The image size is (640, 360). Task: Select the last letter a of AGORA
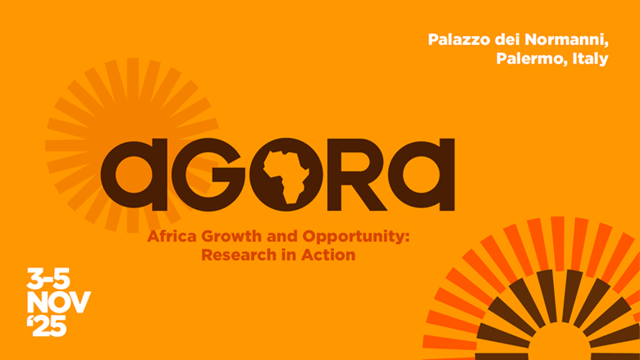(x=423, y=173)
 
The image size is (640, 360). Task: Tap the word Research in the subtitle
(x=232, y=254)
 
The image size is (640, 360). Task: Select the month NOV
(x=58, y=302)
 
